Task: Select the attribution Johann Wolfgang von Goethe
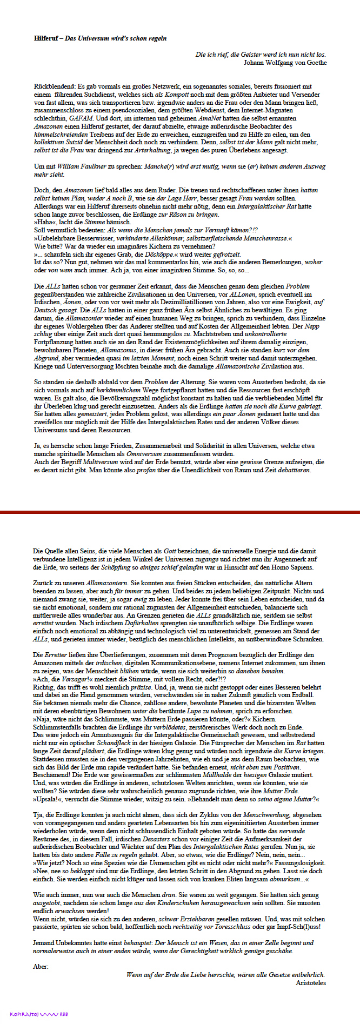(x=285, y=62)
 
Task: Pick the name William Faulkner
(x=76, y=166)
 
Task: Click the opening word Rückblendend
(x=55, y=86)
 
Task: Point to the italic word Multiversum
(x=97, y=462)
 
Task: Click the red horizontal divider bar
(x=180, y=512)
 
